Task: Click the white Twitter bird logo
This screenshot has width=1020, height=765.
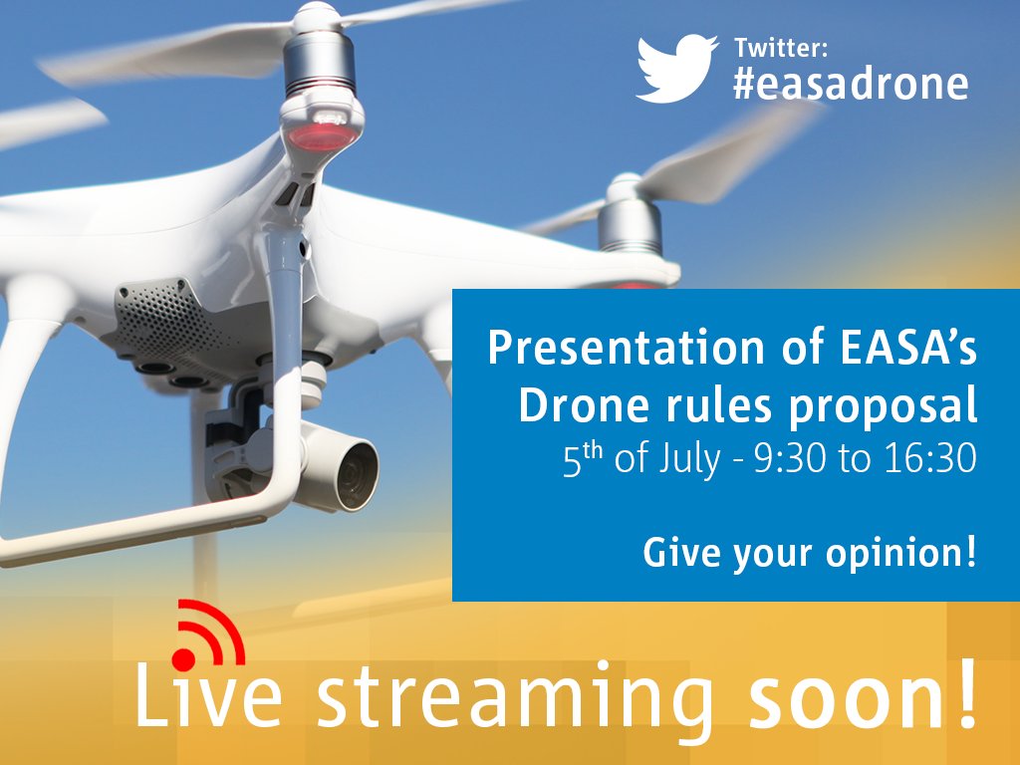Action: pos(676,69)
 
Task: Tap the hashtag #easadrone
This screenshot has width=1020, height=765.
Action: pos(851,85)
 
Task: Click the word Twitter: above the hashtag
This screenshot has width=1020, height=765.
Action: pos(781,48)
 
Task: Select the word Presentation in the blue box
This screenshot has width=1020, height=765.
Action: pos(626,348)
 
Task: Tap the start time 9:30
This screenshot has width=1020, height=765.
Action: pos(790,458)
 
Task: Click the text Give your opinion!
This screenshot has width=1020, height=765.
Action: pos(810,553)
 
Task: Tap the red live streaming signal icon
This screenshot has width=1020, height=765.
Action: pos(208,635)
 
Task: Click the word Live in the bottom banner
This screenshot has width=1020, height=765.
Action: pos(208,694)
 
